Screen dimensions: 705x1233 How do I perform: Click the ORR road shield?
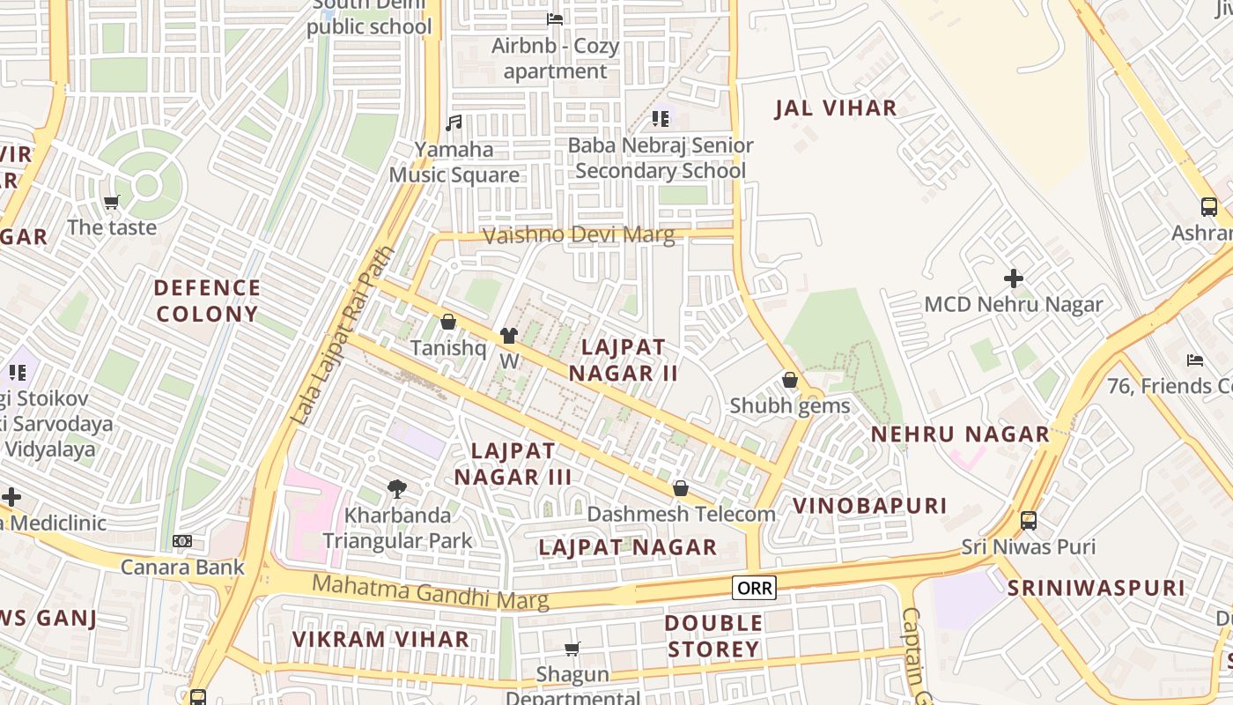click(x=754, y=588)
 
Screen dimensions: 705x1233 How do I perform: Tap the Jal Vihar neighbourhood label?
click(x=835, y=108)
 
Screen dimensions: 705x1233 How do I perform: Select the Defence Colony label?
click(x=207, y=301)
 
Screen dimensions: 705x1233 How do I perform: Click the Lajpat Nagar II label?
click(x=623, y=360)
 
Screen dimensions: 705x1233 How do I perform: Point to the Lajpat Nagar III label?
click(x=513, y=464)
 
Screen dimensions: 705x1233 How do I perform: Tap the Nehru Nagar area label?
click(x=960, y=434)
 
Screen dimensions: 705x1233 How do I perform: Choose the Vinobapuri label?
click(x=869, y=506)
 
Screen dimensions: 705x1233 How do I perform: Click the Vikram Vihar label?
click(x=380, y=639)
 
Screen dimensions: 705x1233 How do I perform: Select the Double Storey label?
click(x=713, y=636)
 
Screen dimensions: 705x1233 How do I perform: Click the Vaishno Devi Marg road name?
click(x=579, y=235)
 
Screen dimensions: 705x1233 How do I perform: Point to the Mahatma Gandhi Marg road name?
click(x=430, y=591)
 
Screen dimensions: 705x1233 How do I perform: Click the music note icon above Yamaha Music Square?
click(x=454, y=123)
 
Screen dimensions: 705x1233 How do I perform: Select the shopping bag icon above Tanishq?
click(x=447, y=323)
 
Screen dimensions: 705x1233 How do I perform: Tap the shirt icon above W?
click(x=509, y=336)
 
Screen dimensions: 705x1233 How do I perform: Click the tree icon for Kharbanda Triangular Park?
click(x=397, y=488)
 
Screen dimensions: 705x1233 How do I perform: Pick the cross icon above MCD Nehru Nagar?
click(x=1013, y=278)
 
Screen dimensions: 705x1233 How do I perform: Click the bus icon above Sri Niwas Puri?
click(x=1028, y=520)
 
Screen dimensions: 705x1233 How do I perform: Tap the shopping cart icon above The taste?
click(x=112, y=203)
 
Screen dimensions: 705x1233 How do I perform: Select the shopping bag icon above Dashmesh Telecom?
click(x=681, y=488)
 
